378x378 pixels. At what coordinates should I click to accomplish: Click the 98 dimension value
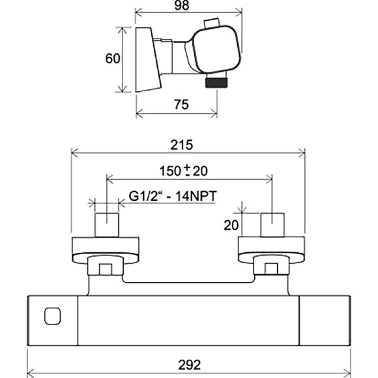pos(181,5)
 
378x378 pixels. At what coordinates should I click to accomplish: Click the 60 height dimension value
pos(113,59)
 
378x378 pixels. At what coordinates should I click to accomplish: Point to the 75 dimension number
pos(181,105)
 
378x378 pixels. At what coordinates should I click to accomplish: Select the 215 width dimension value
pos(182,145)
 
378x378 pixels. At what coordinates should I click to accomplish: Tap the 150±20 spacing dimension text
pos(184,171)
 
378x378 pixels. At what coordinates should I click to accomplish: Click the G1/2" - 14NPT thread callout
pos(173,196)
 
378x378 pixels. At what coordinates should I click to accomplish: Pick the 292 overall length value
pos(189,365)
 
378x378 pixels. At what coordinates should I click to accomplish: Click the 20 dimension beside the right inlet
pos(231,225)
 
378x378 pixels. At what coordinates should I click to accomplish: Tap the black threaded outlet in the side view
pos(216,81)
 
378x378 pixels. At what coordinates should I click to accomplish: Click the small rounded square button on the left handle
pos(53,316)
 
